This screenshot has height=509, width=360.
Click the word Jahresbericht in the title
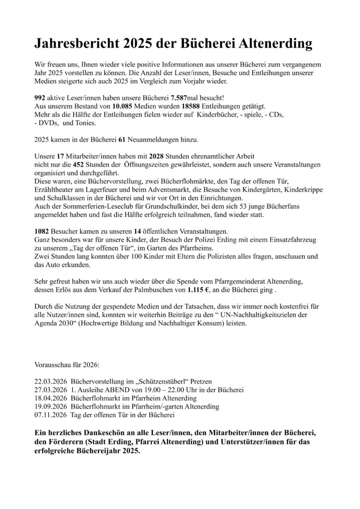click(73, 44)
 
